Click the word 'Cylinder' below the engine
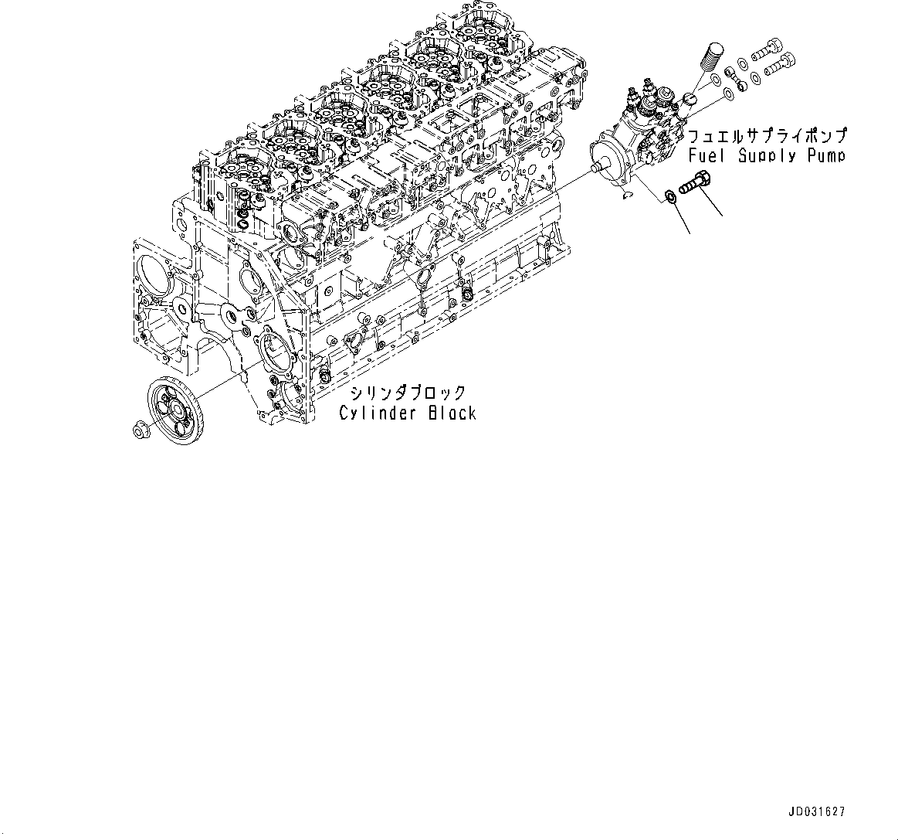[x=378, y=413]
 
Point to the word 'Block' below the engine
[x=452, y=413]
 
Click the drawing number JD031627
[x=817, y=812]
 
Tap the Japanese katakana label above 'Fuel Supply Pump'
[x=768, y=134]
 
